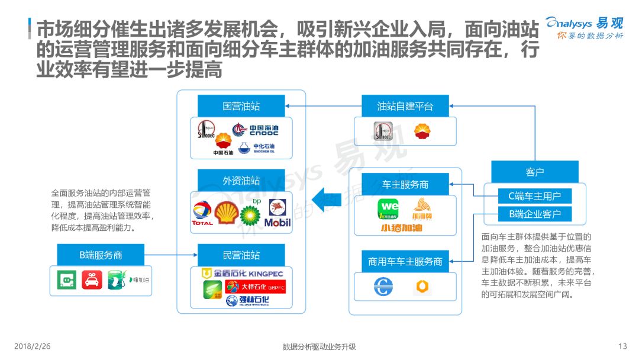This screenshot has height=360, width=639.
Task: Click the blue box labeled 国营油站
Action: [x=241, y=107]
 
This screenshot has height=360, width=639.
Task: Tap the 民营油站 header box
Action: [x=241, y=255]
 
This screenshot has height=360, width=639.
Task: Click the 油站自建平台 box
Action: [x=405, y=107]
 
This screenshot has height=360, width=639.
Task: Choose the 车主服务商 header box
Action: [x=405, y=184]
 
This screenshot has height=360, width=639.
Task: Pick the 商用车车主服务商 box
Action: [x=405, y=261]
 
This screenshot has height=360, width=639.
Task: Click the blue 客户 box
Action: [x=534, y=172]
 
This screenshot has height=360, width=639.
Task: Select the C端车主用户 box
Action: [x=535, y=196]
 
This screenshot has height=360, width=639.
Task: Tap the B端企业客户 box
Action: [x=535, y=214]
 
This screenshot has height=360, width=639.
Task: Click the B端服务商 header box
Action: [x=101, y=255]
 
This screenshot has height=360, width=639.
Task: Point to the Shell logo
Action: [x=225, y=213]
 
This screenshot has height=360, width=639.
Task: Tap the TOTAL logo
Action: [x=202, y=215]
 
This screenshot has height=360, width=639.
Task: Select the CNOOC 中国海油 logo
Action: [x=255, y=130]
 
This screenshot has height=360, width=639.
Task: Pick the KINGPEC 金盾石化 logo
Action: [x=243, y=274]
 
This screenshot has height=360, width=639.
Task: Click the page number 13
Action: [x=622, y=346]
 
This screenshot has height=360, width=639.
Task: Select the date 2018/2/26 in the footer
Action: [x=33, y=346]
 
